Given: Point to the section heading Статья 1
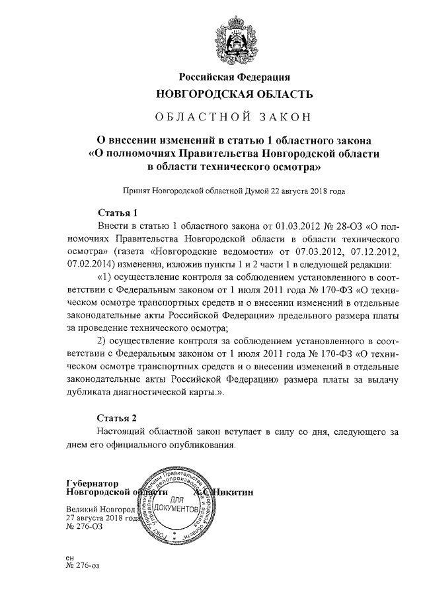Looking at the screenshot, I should pos(117,213).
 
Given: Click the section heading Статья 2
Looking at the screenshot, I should pos(117,418).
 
